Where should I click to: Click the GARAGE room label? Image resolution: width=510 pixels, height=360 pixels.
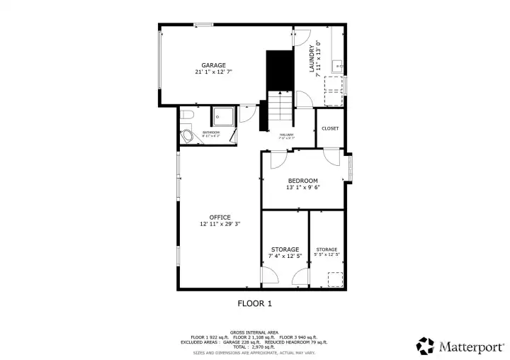pos(213,65)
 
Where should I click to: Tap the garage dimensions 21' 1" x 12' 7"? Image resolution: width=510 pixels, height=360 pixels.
pos(213,72)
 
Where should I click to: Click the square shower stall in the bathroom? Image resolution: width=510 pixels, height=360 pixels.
pos(224,116)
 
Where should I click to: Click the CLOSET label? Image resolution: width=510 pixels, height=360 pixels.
pos(330,128)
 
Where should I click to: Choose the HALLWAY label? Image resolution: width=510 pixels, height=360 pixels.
pos(286,135)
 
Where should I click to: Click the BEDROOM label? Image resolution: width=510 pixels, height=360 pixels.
pos(302,181)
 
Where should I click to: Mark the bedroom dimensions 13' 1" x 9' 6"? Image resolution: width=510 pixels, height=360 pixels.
pos(302,189)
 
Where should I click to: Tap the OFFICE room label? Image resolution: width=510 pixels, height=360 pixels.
pos(220,217)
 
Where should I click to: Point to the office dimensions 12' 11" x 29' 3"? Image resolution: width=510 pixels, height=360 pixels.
pos(220,224)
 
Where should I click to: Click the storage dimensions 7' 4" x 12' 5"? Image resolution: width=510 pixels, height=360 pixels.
pos(285,256)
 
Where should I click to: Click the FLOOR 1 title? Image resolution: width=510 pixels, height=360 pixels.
pos(254,303)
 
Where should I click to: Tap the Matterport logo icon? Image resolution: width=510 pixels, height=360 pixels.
pos(426,345)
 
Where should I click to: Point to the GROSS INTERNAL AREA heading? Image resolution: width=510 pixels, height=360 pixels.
pos(254,331)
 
